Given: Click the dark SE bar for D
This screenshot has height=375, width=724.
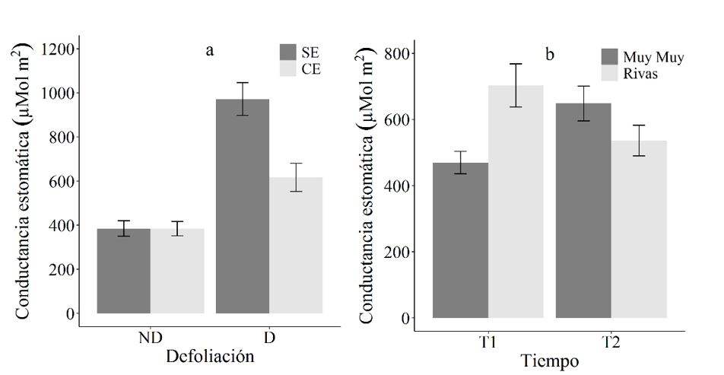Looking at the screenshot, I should point(243,206).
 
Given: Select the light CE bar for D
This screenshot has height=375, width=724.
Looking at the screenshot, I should point(296,245).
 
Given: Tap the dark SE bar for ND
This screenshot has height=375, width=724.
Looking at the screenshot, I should point(124,271).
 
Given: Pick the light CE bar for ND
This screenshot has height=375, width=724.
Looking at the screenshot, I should point(177,271).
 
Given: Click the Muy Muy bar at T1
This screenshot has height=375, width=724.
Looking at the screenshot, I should point(461,240).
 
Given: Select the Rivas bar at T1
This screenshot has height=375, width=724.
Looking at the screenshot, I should point(516,202).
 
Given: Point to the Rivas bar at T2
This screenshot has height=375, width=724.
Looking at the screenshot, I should point(639,229).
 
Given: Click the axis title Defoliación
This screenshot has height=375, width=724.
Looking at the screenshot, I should point(210,356).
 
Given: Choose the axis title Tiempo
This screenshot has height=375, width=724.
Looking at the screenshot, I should point(548,361).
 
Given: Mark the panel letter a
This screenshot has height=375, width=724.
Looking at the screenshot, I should point(210,51).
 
